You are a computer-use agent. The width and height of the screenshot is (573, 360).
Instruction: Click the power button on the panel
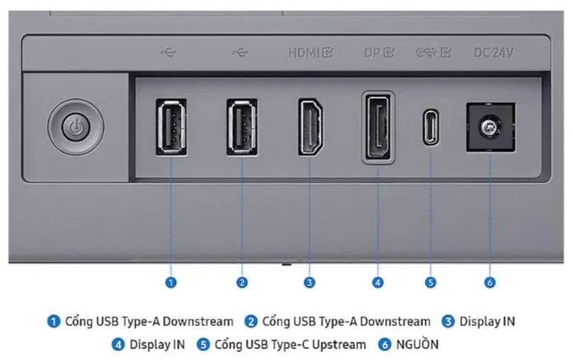tap(76, 127)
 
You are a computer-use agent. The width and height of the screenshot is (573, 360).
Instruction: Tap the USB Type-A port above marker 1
tap(171, 127)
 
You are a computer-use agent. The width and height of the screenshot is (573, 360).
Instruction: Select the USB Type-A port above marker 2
tap(242, 127)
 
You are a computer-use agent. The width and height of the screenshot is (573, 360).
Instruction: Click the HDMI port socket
tap(310, 127)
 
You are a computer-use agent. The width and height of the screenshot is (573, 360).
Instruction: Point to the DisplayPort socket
tap(378, 127)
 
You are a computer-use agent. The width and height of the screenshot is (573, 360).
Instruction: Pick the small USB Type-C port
tap(431, 127)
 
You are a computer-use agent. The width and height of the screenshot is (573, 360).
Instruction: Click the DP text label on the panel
tap(372, 53)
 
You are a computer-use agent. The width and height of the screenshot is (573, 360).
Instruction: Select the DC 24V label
tap(494, 53)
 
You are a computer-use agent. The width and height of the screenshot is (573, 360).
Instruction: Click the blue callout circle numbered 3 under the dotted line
tap(310, 283)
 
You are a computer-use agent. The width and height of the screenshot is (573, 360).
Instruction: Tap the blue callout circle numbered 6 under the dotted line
tap(490, 283)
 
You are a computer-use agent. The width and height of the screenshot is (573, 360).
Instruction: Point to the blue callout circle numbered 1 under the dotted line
tap(171, 283)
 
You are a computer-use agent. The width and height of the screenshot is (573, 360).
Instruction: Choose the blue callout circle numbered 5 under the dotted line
tap(431, 283)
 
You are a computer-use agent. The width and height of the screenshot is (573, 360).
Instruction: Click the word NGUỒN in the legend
tap(417, 344)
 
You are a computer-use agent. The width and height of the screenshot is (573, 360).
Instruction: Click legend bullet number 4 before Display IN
tap(118, 344)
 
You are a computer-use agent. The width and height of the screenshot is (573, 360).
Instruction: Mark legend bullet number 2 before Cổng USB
tap(250, 321)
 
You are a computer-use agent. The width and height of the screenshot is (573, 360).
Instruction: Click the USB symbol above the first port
tap(169, 53)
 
